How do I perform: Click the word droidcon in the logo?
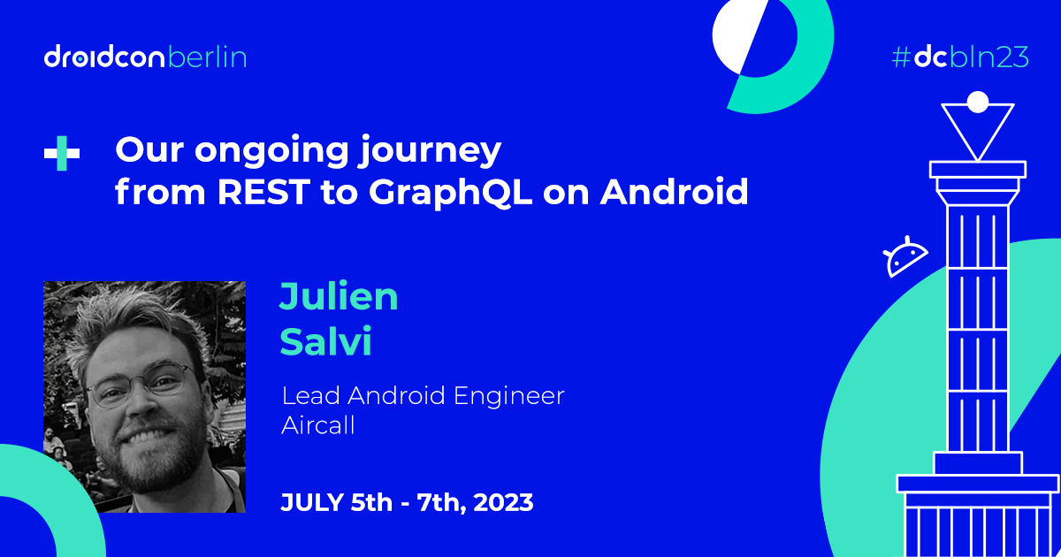pyautogui.click(x=104, y=57)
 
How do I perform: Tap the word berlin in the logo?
pyautogui.click(x=208, y=57)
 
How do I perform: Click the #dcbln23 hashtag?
pyautogui.click(x=960, y=57)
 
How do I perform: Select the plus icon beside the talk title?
pyautogui.click(x=62, y=153)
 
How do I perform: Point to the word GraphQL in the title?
pyautogui.click(x=450, y=193)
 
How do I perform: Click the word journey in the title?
pyautogui.click(x=429, y=151)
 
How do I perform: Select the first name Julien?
pyautogui.click(x=339, y=296)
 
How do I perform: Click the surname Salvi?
pyautogui.click(x=326, y=341)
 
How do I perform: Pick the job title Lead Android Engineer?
pyautogui.click(x=423, y=396)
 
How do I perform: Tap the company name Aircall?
pyautogui.click(x=317, y=425)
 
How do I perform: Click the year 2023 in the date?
pyautogui.click(x=503, y=502)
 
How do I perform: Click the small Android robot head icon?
pyautogui.click(x=905, y=256)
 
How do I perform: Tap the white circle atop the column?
pyautogui.click(x=978, y=103)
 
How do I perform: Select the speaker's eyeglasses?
pyautogui.click(x=141, y=384)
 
